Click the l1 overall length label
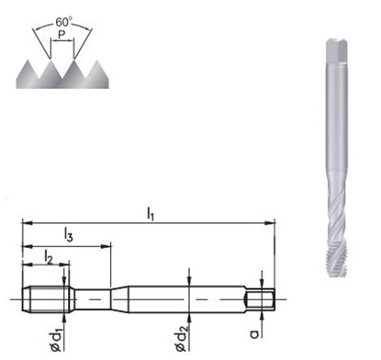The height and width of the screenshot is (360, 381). [151, 213]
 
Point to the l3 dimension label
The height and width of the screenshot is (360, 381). [69, 236]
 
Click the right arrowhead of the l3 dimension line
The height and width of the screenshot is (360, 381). [107, 245]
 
